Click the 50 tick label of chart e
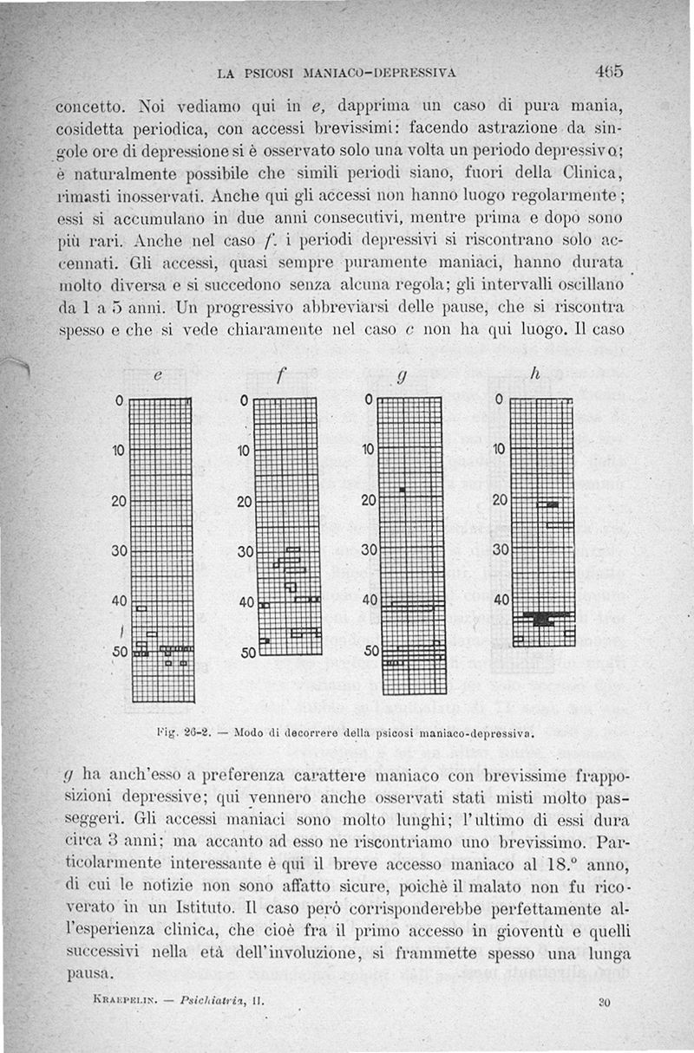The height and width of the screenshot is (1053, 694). [x=119, y=651]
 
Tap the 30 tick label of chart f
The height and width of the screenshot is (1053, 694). [x=246, y=552]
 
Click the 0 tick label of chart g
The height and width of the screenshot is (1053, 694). [x=369, y=400]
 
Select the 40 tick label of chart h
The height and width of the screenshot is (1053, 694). [x=501, y=600]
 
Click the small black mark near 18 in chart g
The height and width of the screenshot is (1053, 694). [x=403, y=491]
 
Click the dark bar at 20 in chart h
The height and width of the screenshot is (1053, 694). [x=548, y=504]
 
